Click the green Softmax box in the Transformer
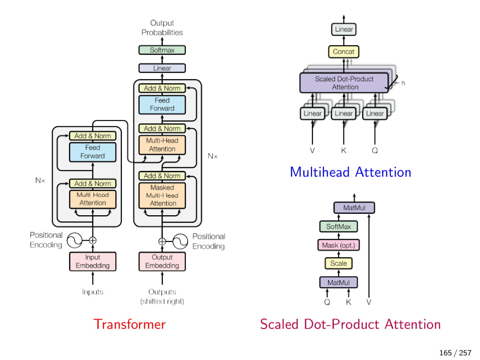pos(162,50)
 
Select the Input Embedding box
pos(93,261)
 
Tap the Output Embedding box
pos(162,261)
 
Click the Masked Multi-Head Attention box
pos(162,196)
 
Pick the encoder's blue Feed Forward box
pos(93,152)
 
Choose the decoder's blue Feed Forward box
pos(162,104)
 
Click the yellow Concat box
pos(344,52)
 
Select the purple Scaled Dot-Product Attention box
pos(344,83)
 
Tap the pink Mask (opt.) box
pos(339,245)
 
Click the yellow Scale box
pos(339,263)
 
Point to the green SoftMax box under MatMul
pos(339,227)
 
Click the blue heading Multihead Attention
pos(350,172)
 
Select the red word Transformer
pos(130,324)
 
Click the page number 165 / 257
pos(455,353)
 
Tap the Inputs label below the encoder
pos(93,292)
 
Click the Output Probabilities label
pos(162,28)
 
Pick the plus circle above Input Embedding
pos(93,240)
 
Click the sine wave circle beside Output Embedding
pos(180,241)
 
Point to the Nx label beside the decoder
pos(212,156)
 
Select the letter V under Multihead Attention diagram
pos(312,150)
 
